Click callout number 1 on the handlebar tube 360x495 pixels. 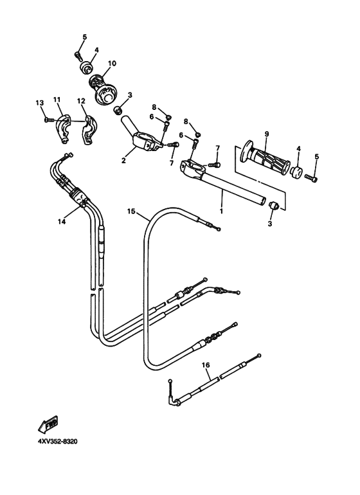(222, 210)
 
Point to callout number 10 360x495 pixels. (112, 64)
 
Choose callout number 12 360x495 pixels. (81, 101)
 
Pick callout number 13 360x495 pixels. (39, 102)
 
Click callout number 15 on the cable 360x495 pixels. (131, 211)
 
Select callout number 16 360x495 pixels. (206, 364)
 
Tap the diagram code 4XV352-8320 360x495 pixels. (54, 442)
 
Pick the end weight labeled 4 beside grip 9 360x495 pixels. (297, 172)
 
